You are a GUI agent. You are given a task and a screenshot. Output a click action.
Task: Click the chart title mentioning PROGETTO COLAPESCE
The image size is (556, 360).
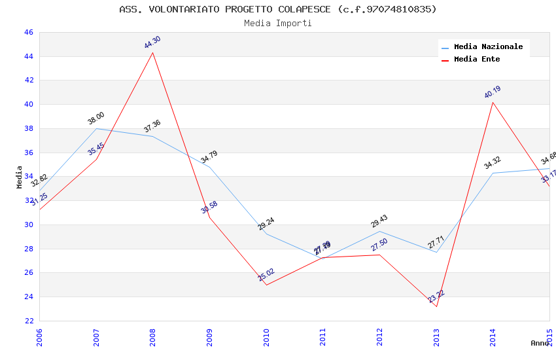click(278, 9)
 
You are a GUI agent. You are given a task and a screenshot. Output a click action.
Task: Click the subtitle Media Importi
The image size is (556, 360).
click(278, 23)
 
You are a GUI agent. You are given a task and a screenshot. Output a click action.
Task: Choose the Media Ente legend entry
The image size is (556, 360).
click(477, 60)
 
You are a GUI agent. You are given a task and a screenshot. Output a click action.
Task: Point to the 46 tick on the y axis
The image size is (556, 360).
click(28, 32)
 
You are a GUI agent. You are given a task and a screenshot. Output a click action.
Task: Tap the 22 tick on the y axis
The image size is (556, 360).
click(28, 321)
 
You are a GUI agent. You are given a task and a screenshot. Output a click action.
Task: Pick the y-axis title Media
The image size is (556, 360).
click(20, 177)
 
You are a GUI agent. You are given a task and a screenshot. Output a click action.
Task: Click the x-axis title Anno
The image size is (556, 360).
click(540, 343)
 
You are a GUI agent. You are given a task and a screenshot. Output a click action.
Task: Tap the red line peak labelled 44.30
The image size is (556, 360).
click(153, 52)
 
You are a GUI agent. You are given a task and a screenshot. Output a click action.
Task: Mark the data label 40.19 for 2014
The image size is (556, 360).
click(493, 92)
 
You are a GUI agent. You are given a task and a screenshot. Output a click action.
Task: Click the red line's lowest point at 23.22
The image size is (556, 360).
click(436, 306)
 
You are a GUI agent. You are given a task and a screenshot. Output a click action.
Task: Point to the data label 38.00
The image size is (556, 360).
click(96, 118)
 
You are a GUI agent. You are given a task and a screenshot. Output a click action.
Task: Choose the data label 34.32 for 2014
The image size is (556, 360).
click(493, 163)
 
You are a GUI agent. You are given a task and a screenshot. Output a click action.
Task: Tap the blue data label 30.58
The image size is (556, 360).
click(209, 207)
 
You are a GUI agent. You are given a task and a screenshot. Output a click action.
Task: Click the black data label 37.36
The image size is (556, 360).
click(152, 126)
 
